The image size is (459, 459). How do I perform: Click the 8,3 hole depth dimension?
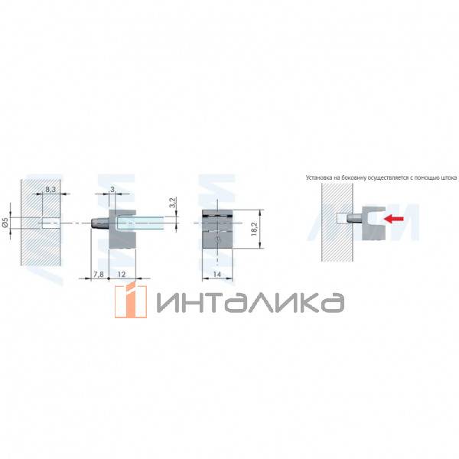point(50,187)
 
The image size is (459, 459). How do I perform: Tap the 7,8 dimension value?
point(97,274)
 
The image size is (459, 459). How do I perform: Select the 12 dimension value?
point(122,274)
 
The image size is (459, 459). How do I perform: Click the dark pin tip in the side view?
point(97,223)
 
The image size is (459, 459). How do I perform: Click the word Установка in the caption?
point(320,177)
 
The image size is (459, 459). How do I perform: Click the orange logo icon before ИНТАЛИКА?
point(131,300)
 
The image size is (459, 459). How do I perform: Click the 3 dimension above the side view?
point(112,188)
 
